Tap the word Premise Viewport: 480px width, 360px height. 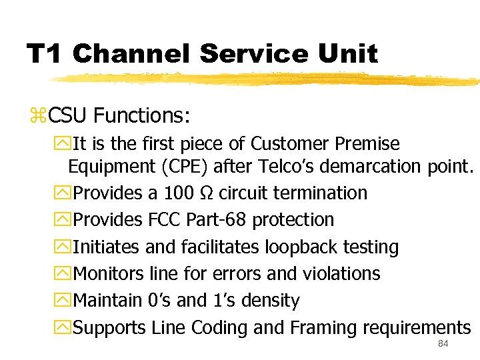[x=367, y=144]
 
